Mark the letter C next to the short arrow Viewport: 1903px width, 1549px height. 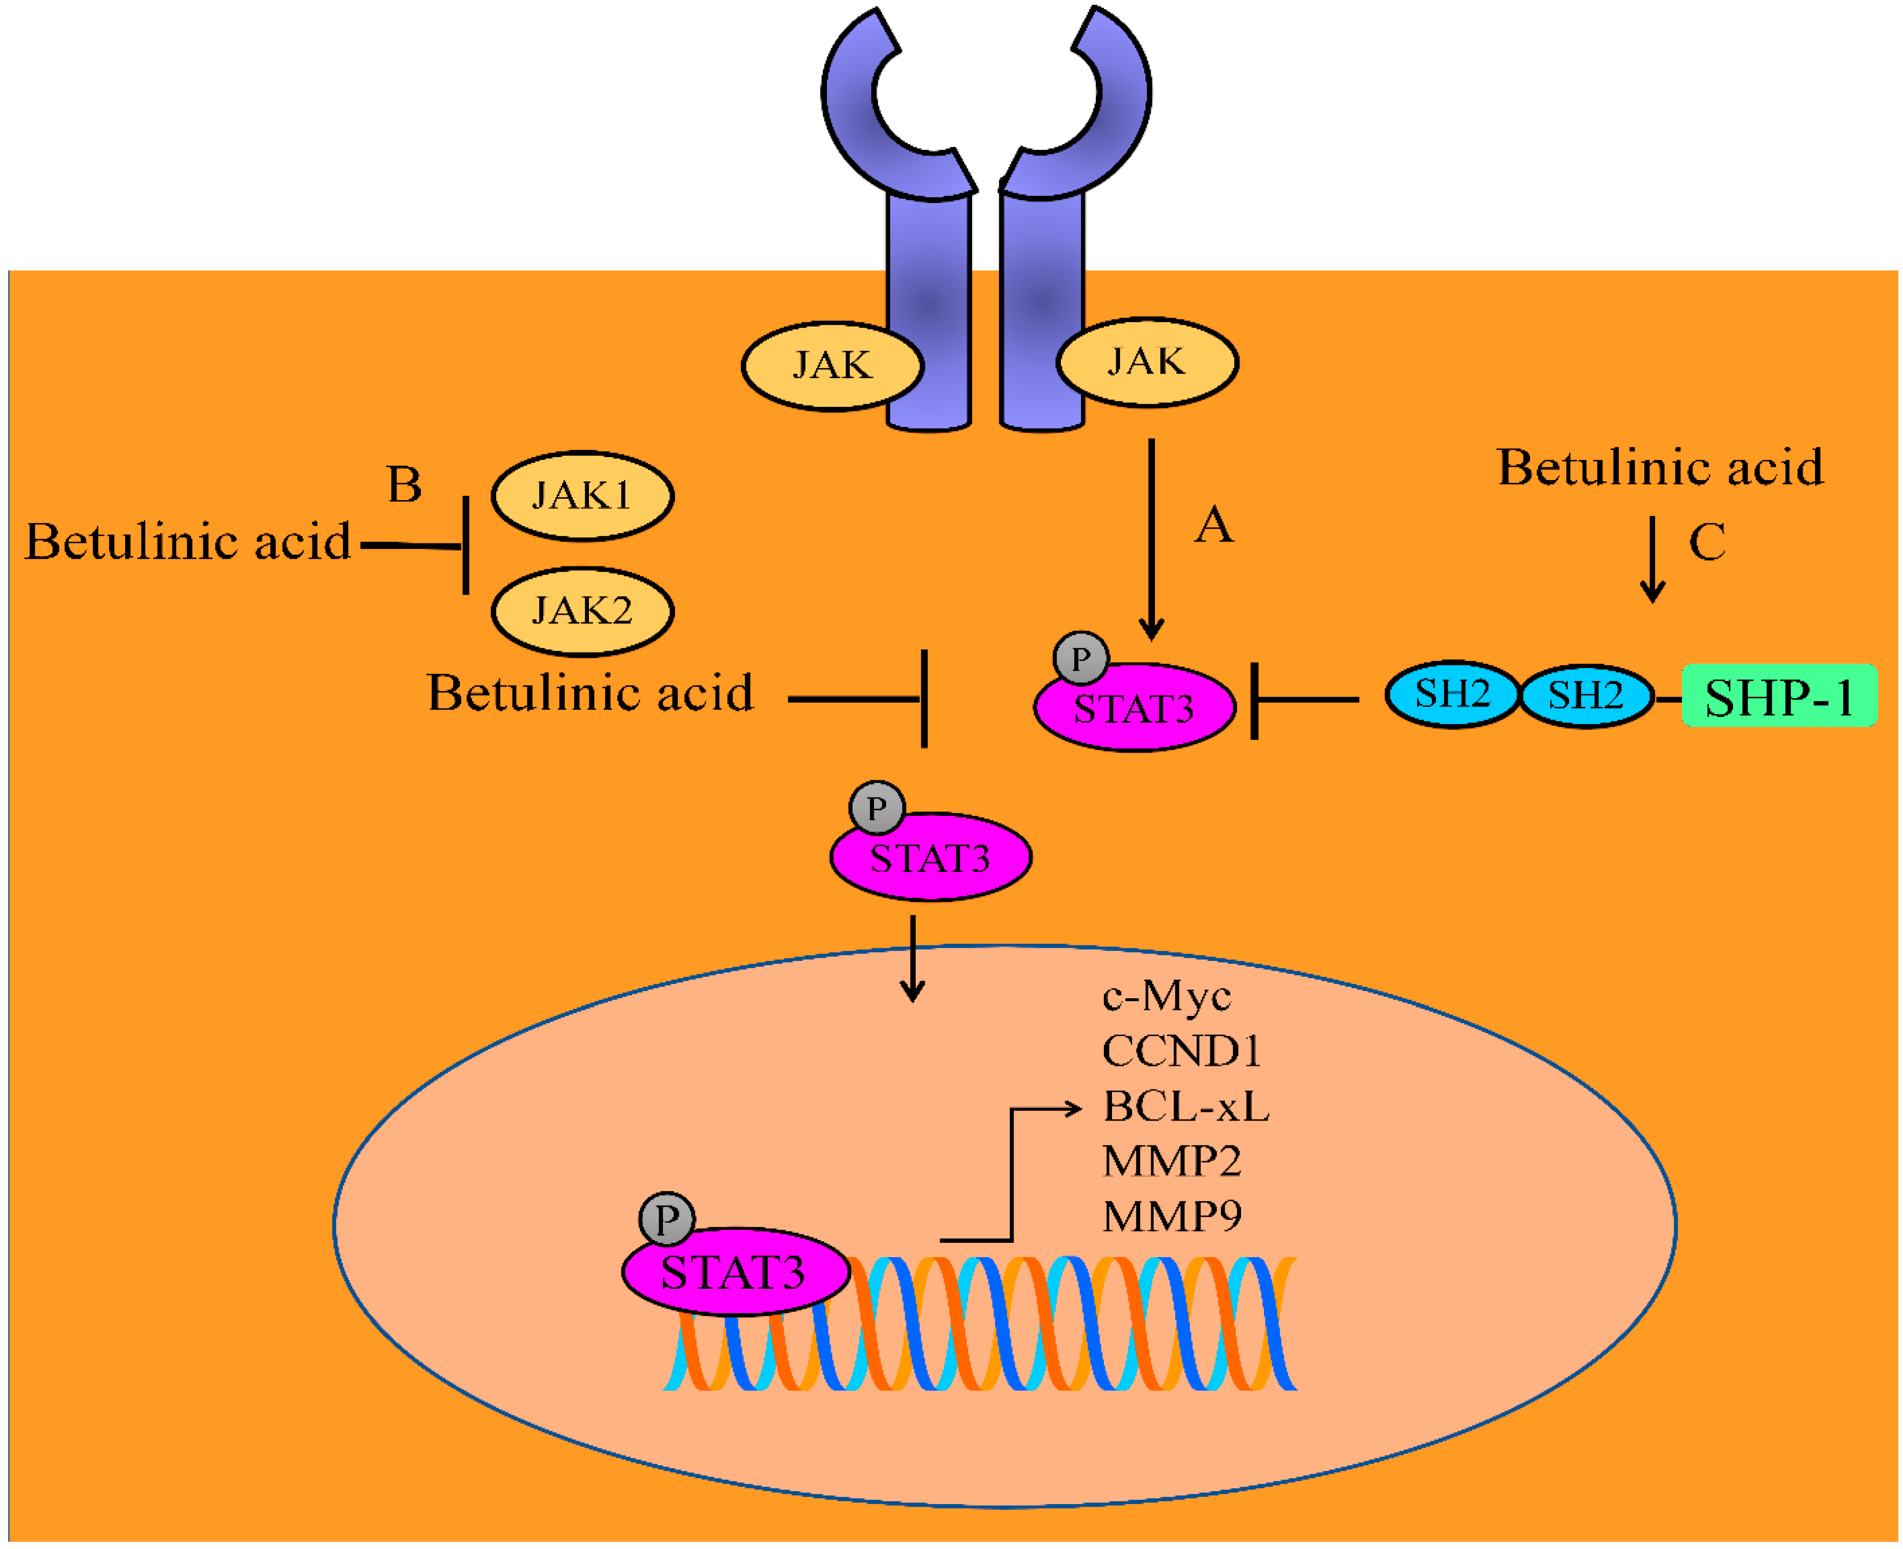pyautogui.click(x=1707, y=542)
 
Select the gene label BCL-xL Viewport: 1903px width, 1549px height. pyautogui.click(x=1185, y=1106)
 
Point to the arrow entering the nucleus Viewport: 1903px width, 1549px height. pyautogui.click(x=912, y=959)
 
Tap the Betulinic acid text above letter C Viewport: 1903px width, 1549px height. pyautogui.click(x=1659, y=468)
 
